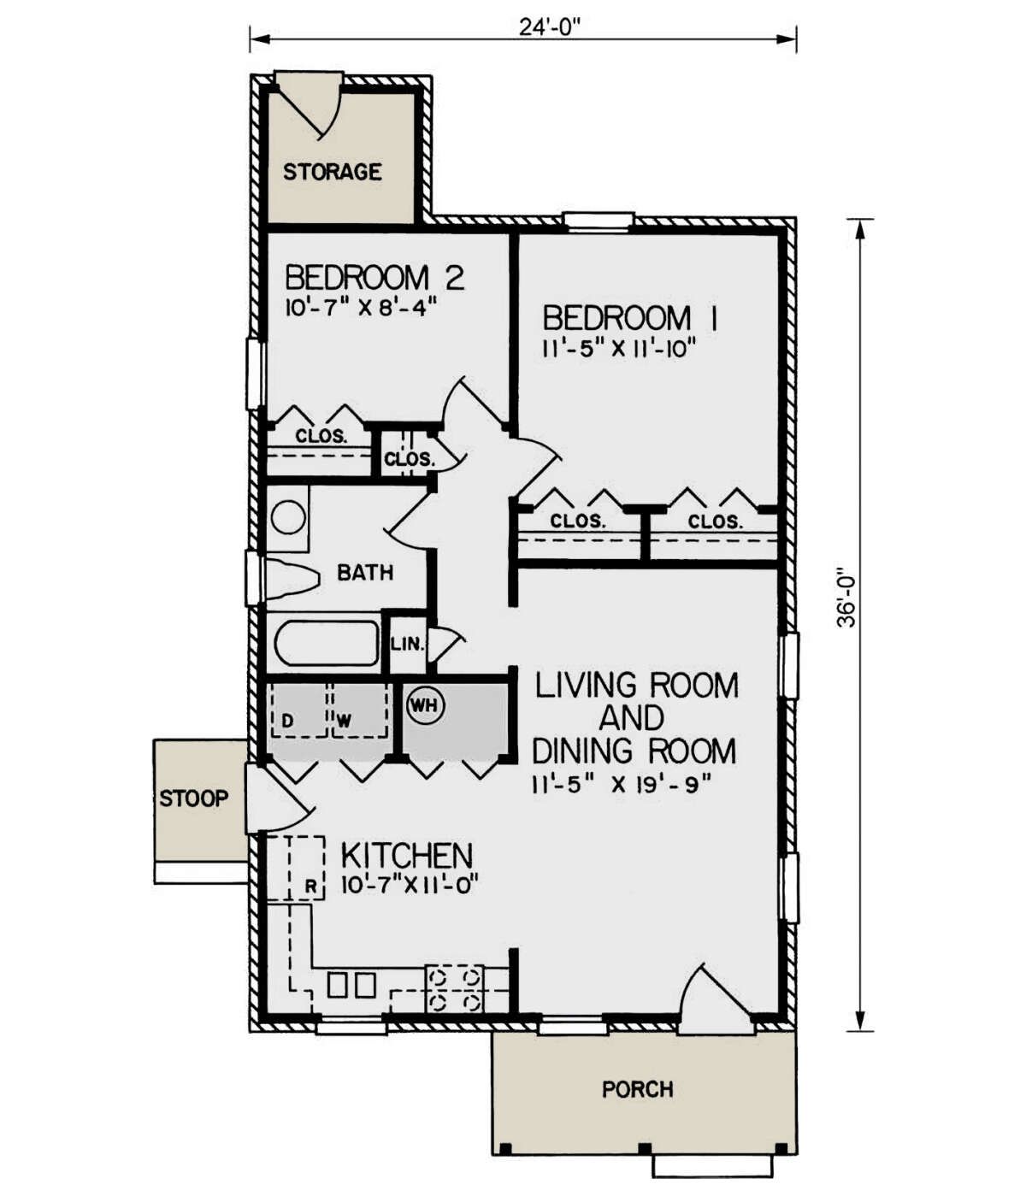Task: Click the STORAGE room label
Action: click(x=332, y=172)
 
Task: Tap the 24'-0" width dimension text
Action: click(x=550, y=27)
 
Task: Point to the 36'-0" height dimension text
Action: click(x=847, y=597)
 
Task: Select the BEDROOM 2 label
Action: click(x=374, y=277)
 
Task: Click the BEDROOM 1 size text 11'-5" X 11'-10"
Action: click(x=618, y=349)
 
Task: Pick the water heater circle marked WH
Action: click(x=426, y=706)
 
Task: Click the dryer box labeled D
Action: click(x=300, y=711)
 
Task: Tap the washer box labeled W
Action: click(x=359, y=711)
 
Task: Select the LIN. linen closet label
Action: click(x=408, y=644)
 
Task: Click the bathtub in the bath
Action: click(x=327, y=642)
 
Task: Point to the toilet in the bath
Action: click(x=292, y=578)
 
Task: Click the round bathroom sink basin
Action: click(x=288, y=516)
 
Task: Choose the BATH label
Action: click(x=365, y=573)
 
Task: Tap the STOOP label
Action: click(x=194, y=798)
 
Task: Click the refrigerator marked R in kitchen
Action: click(x=296, y=868)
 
